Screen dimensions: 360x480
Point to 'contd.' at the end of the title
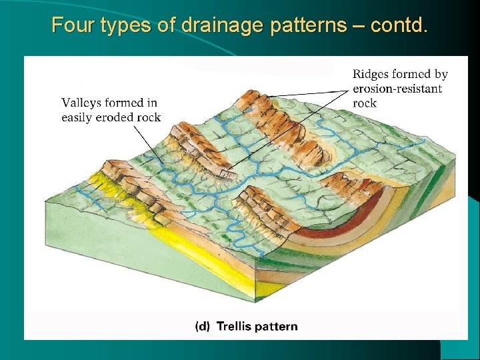399,25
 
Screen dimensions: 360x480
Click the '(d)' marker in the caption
203,327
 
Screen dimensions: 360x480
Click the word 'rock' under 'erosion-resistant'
365,103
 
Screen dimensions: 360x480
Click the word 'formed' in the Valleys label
125,103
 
